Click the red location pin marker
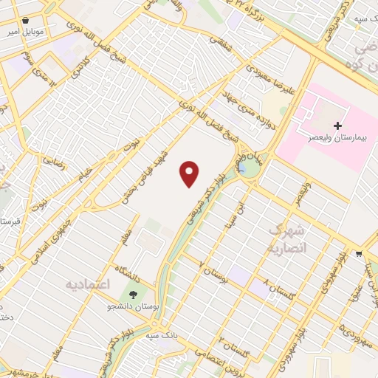pos(190,174)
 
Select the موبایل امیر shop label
pos(27,33)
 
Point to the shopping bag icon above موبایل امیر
pos(27,21)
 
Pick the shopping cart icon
pos(359,253)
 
